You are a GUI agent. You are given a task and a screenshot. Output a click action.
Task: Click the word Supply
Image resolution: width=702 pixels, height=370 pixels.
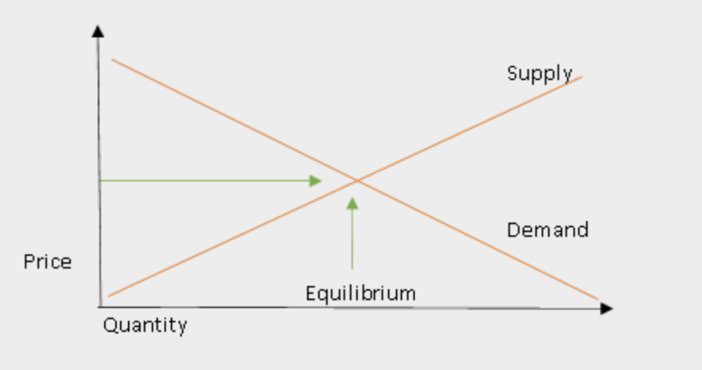540,74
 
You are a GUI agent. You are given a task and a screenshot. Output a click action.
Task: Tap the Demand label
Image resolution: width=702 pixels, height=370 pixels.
548,230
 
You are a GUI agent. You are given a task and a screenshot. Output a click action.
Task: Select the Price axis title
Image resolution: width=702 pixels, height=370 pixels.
48,262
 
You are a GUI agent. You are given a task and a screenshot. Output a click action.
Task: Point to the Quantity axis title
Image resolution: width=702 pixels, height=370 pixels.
145,325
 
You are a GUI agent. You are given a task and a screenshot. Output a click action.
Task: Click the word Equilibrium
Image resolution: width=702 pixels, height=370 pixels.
361,294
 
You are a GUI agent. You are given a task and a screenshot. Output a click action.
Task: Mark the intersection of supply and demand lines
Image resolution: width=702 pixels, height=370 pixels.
357,181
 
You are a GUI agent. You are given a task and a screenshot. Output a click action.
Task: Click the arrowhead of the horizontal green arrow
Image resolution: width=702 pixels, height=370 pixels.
315,181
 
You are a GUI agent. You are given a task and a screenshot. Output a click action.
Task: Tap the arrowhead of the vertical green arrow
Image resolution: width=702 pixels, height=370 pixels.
352,204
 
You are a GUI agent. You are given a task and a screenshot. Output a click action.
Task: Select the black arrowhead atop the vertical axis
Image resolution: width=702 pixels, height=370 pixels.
98,31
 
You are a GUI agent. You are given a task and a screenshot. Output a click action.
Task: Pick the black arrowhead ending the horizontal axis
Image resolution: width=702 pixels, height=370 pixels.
606,308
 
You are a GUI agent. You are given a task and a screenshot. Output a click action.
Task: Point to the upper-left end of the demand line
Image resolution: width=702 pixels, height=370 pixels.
112,59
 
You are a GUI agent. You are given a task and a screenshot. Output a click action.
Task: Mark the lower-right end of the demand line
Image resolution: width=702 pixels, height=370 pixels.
597,299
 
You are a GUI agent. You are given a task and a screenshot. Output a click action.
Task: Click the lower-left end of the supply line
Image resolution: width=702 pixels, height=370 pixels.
109,296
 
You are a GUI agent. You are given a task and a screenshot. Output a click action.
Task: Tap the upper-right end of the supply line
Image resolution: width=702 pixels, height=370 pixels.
582,77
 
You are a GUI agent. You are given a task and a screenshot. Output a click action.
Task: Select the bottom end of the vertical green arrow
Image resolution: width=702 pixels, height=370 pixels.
352,269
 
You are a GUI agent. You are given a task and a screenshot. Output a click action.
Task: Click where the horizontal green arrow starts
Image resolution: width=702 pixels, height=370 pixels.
100,181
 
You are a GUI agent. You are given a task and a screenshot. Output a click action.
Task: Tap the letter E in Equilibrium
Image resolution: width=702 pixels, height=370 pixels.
311,293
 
